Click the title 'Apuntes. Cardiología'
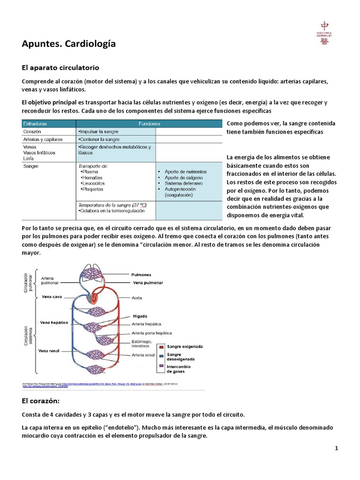pyautogui.click(x=68, y=44)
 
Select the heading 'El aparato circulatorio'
pyautogui.click(x=60, y=68)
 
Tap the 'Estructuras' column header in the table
pyautogui.click(x=35, y=124)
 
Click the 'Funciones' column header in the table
pyautogui.click(x=149, y=124)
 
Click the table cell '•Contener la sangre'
pyautogui.click(x=99, y=139)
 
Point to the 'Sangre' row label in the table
pyautogui.click(x=30, y=166)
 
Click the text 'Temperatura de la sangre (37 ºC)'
pyautogui.click(x=112, y=205)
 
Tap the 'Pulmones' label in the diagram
pyautogui.click(x=141, y=275)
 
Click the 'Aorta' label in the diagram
pyautogui.click(x=137, y=298)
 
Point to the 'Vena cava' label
pyautogui.click(x=52, y=297)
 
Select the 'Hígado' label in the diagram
pyautogui.click(x=140, y=316)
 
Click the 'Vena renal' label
pyautogui.click(x=49, y=351)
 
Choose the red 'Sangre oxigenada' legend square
pyautogui.click(x=161, y=347)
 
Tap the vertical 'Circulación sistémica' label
pyautogui.click(x=27, y=337)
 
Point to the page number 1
pyautogui.click(x=336, y=448)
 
